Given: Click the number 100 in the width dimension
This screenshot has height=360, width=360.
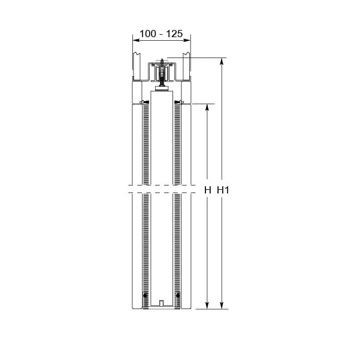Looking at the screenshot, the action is (x=147, y=34).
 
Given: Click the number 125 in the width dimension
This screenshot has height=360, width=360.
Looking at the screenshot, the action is (x=174, y=34).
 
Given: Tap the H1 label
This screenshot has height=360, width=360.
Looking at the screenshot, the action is (x=223, y=190).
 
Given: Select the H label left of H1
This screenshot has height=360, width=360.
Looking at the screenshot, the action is (x=207, y=190).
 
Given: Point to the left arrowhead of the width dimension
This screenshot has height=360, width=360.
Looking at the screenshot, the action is (x=137, y=40).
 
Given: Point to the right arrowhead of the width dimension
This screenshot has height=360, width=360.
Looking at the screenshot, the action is (x=187, y=40).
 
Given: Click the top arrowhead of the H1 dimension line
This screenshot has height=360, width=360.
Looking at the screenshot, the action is (x=222, y=62).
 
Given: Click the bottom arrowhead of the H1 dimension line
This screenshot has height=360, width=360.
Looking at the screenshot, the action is (x=222, y=305).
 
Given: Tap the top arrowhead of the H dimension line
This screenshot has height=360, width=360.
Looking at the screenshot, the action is (x=207, y=108).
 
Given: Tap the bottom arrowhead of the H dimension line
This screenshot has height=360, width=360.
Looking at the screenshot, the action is (x=207, y=305).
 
